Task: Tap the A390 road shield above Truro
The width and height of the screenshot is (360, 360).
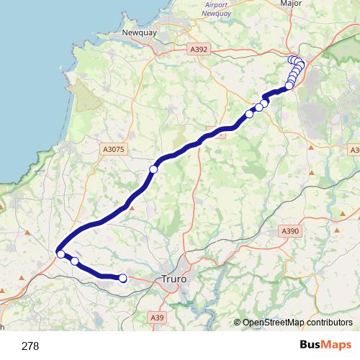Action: [x=289, y=230]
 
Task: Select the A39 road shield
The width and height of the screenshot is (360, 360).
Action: [x=158, y=317]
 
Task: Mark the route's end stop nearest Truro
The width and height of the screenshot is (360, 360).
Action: [x=122, y=278]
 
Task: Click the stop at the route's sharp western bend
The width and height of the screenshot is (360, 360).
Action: [x=61, y=253]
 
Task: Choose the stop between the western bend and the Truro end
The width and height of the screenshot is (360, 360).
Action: [x=75, y=261]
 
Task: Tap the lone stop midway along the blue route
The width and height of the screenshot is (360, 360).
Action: [x=153, y=169]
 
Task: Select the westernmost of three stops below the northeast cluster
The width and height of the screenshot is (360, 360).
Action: [x=250, y=114]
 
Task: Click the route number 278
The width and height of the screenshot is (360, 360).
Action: [x=30, y=346]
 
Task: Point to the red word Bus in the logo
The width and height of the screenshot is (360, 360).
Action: [x=310, y=345]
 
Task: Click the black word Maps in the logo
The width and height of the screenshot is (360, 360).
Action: [x=336, y=345]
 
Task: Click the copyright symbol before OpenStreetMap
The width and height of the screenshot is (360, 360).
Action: [x=238, y=323]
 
